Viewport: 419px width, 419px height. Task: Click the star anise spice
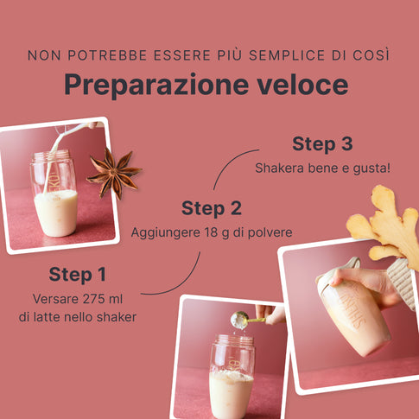tap(114, 174)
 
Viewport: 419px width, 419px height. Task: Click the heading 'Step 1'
tap(78, 274)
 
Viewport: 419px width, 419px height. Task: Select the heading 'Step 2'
tap(212, 208)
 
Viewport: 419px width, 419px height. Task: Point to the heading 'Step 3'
tap(322, 143)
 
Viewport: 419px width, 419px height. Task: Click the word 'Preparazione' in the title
tap(156, 85)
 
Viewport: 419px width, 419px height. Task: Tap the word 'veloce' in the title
tap(302, 85)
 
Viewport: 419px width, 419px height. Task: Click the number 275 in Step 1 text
tap(88, 299)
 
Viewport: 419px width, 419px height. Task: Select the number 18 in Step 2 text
tap(211, 232)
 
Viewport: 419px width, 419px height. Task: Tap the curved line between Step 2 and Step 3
tap(230, 162)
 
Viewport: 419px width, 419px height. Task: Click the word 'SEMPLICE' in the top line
tap(287, 55)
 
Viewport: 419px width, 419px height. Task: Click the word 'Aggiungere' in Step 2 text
tap(166, 232)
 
